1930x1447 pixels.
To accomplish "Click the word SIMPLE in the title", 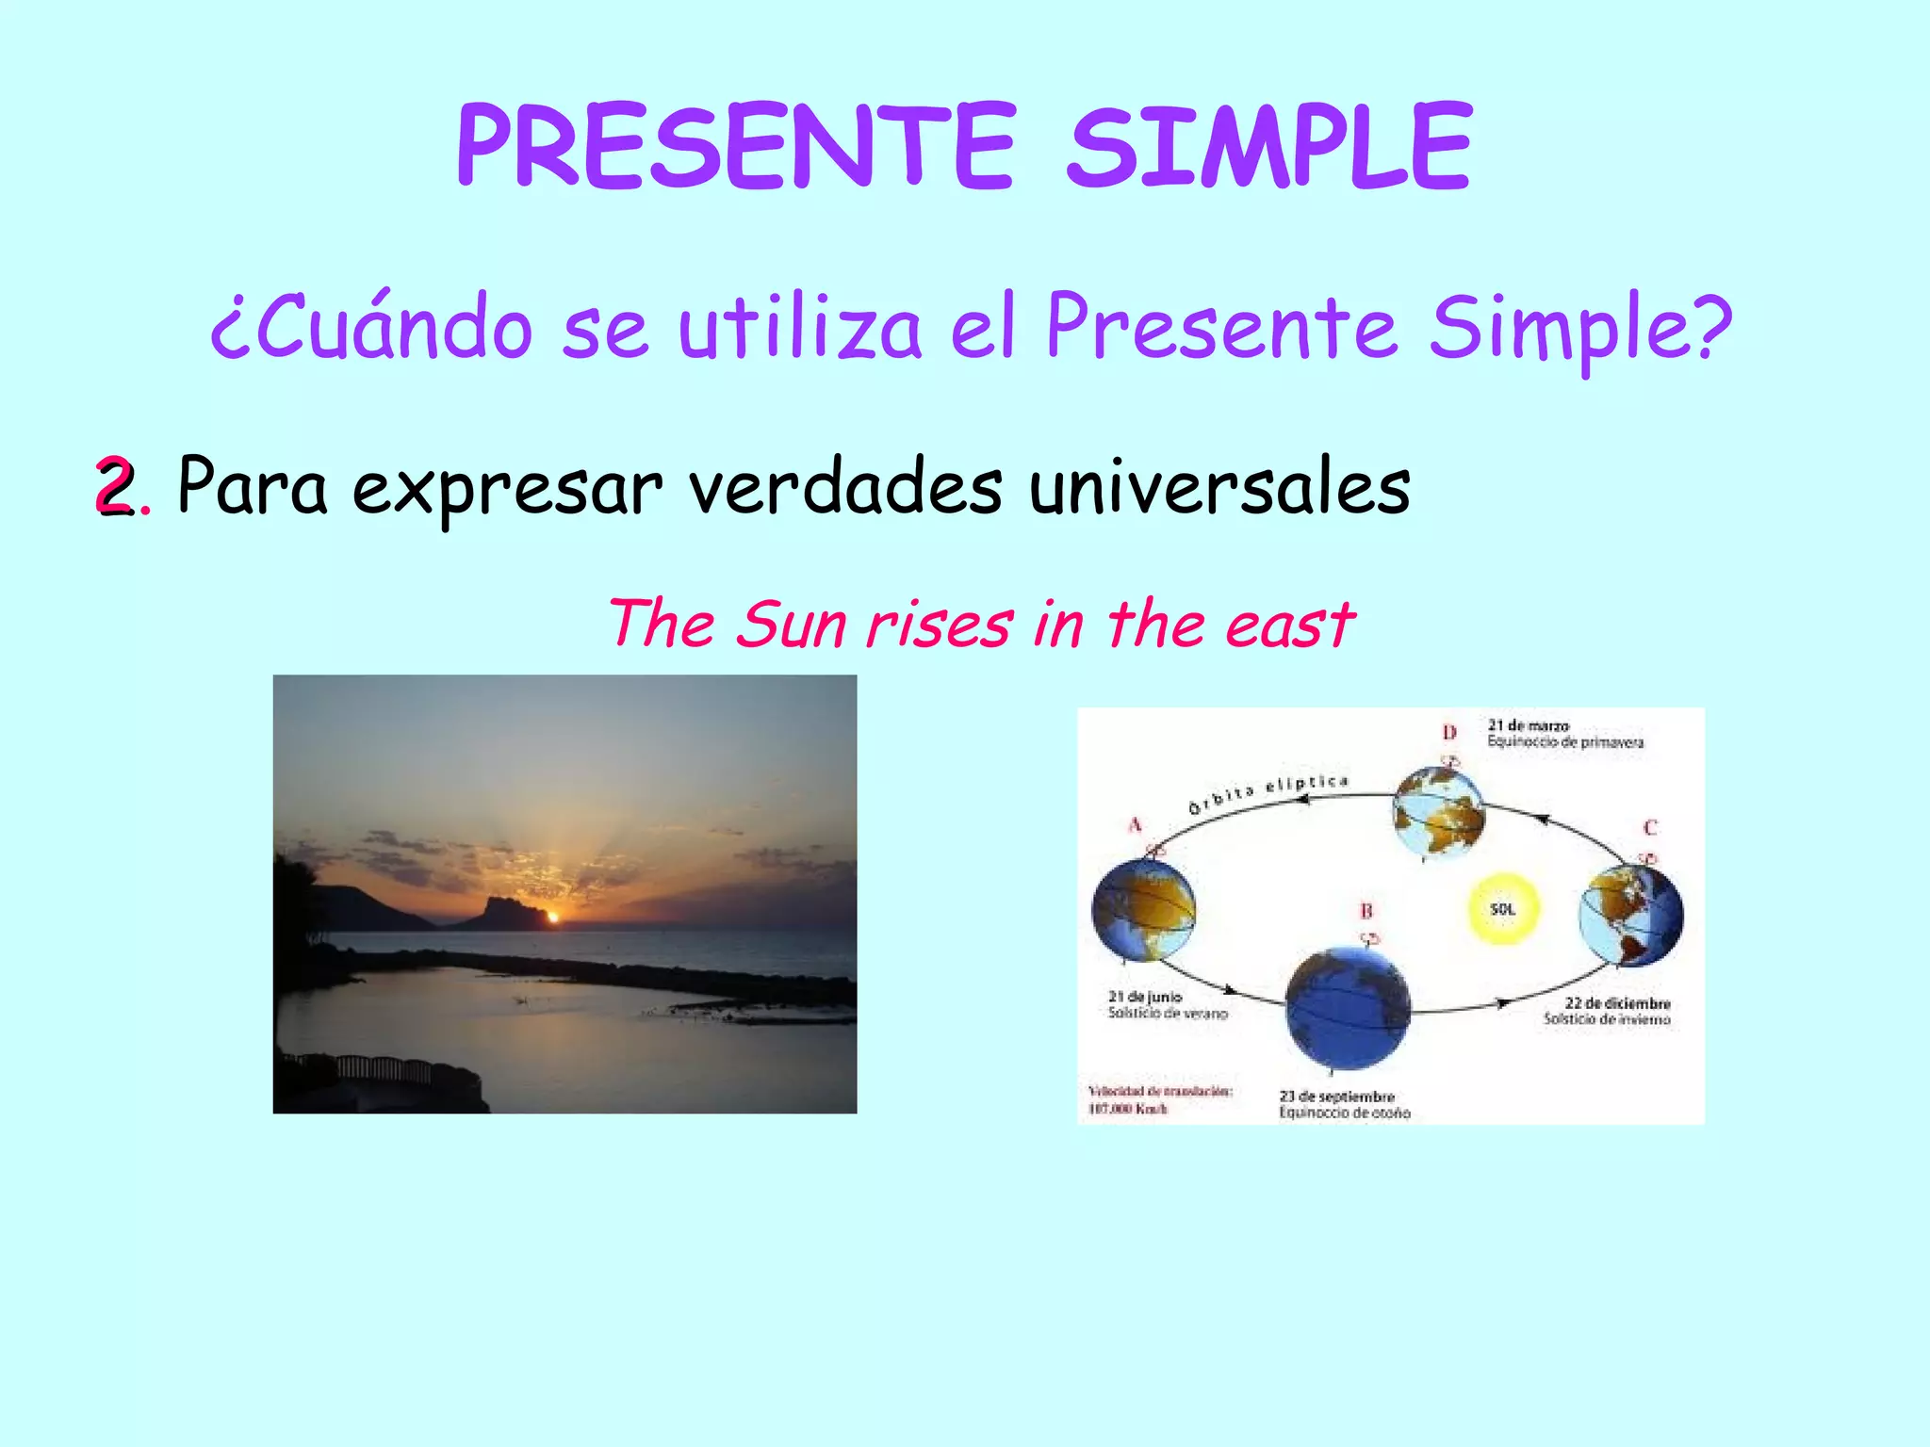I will tap(1268, 148).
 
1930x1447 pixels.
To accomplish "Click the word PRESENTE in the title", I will tap(736, 148).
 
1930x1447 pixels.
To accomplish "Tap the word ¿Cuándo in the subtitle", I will tap(371, 327).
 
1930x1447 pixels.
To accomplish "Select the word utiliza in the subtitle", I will tap(799, 327).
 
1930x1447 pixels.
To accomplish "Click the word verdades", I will tap(845, 488).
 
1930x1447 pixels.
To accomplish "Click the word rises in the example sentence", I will tap(940, 625).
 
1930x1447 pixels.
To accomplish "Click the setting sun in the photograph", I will tap(554, 916).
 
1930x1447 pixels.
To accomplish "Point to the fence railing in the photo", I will tap(382, 1068).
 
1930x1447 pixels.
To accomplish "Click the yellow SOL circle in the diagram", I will tap(1503, 909).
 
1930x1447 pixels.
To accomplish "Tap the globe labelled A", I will tap(1143, 909).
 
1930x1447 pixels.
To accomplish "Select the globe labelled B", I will tap(1348, 1008).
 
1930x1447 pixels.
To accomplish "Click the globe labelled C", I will tap(1631, 914).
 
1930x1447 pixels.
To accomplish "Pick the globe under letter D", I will tap(1439, 813).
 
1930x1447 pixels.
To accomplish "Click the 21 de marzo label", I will tap(1528, 725).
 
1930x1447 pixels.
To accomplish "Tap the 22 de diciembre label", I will tap(1617, 1003).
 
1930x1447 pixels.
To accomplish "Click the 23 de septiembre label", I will tap(1336, 1097).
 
